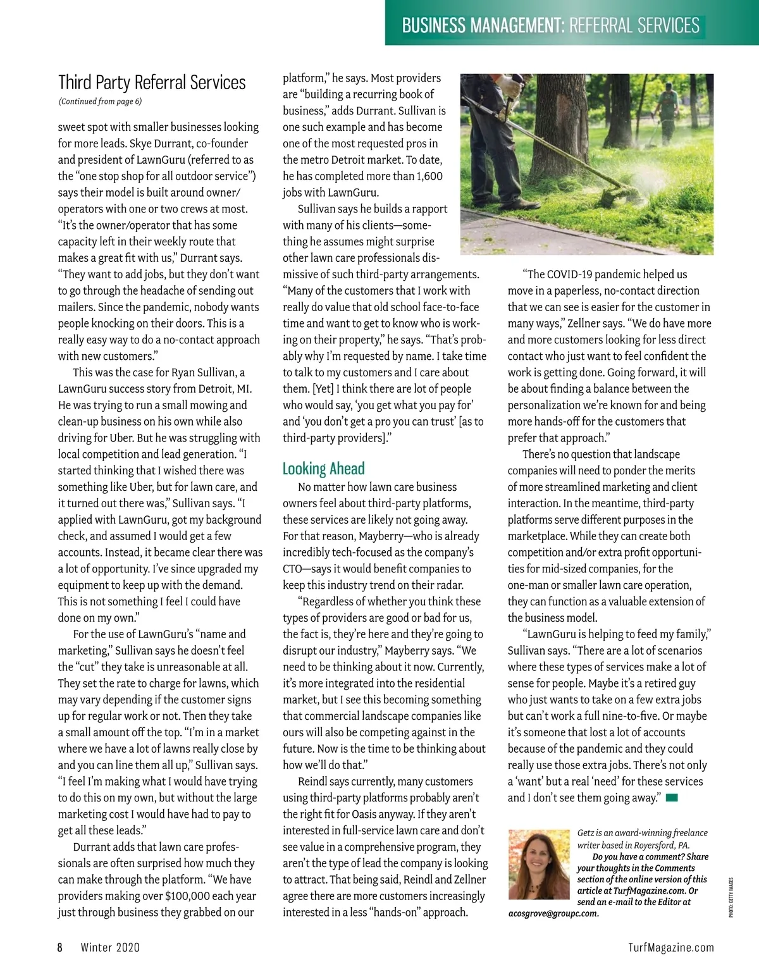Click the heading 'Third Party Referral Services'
(152, 83)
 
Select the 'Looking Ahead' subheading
(323, 469)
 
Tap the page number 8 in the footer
(60, 947)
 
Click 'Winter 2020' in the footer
(110, 947)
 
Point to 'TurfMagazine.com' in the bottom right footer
(671, 947)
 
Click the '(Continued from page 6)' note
(100, 101)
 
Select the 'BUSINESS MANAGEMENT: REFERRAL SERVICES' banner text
(550, 25)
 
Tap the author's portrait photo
(539, 865)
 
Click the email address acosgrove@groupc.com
(553, 913)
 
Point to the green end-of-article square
(672, 798)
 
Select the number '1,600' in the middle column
(429, 176)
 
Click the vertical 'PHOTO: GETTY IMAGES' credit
(731, 897)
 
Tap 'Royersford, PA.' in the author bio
(656, 845)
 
